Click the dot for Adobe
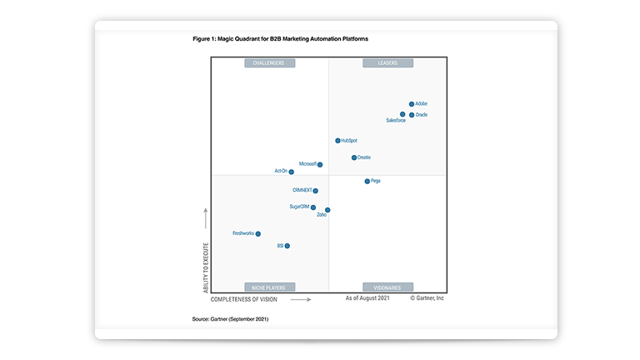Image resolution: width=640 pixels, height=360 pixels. [412, 104]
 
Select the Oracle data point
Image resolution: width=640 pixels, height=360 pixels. [412, 115]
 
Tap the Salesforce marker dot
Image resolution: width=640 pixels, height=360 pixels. [402, 114]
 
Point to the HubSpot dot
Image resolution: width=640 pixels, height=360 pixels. [337, 141]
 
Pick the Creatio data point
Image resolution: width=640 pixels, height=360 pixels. [354, 157]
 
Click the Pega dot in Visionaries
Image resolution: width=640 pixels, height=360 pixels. [367, 181]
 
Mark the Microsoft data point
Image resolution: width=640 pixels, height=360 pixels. [320, 165]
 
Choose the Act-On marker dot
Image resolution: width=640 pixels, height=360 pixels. [291, 172]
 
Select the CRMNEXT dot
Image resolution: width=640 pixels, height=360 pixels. [315, 191]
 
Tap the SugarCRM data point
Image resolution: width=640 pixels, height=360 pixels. [313, 207]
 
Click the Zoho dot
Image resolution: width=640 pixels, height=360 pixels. [327, 210]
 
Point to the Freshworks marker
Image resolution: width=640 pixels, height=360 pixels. [258, 234]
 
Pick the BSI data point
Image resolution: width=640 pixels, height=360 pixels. [287, 246]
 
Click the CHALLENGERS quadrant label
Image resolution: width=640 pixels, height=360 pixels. [269, 63]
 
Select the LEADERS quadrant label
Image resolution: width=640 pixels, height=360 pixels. [387, 63]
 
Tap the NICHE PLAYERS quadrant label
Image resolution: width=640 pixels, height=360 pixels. [269, 287]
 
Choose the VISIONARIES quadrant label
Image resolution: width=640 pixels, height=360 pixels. [387, 287]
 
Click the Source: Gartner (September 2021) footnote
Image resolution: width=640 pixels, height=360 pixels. [230, 319]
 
